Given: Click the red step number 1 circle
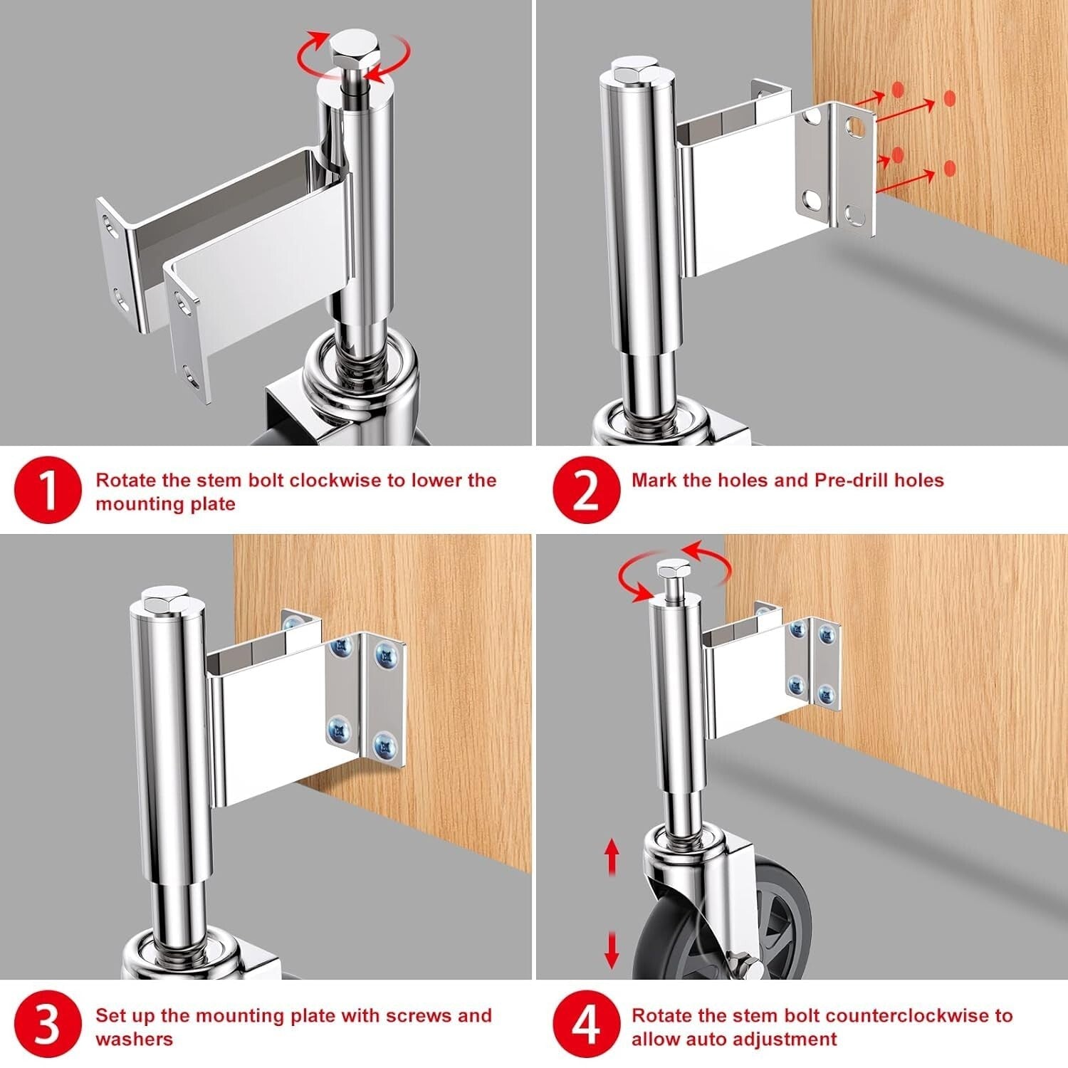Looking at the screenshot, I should click(47, 491).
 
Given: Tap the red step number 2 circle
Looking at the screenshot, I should click(586, 491).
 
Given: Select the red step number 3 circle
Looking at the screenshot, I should click(47, 1026).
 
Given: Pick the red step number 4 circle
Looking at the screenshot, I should click(586, 1026).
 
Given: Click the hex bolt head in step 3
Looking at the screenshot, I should click(166, 600).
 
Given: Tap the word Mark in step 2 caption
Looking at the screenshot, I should click(654, 480).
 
